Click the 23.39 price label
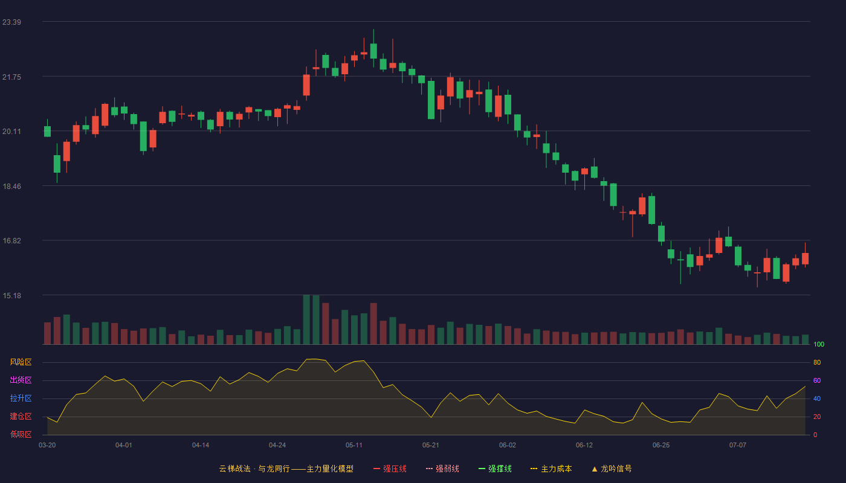click(11, 22)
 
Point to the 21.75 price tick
click(11, 77)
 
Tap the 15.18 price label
click(11, 295)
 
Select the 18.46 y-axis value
click(11, 187)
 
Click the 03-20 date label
click(47, 446)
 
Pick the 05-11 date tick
click(354, 446)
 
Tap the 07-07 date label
click(738, 446)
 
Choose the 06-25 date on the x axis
click(661, 446)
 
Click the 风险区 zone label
click(21, 362)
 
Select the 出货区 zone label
click(21, 380)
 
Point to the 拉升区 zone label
click(21, 398)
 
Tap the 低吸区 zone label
click(21, 434)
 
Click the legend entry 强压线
click(390, 469)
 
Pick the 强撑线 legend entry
click(495, 469)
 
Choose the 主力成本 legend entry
click(551, 469)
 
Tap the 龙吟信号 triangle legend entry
click(612, 469)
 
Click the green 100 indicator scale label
click(819, 344)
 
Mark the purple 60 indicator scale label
click(817, 380)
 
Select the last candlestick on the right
click(805, 258)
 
